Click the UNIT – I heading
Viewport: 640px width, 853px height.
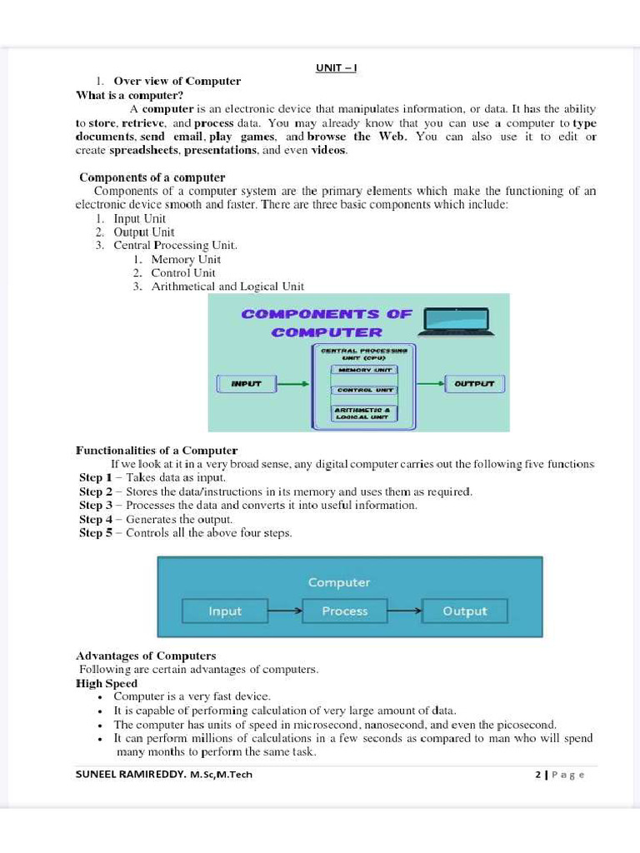click(336, 67)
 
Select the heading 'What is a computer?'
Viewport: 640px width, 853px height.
click(129, 95)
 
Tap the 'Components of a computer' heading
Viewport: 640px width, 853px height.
click(152, 177)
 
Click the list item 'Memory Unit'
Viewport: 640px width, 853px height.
click(186, 259)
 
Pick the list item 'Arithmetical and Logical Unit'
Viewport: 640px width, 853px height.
click(227, 286)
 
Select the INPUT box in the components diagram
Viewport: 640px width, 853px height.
click(246, 384)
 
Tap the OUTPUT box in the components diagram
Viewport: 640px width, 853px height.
click(474, 384)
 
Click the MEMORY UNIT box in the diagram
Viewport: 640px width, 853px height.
click(364, 369)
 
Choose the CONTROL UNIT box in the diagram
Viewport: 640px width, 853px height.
click(364, 389)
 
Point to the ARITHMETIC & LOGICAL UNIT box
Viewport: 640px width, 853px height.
click(364, 412)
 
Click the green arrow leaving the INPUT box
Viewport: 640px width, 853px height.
click(292, 384)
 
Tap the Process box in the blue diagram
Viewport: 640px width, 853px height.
click(345, 611)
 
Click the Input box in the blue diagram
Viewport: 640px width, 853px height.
click(225, 611)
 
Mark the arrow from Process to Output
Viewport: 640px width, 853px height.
click(405, 611)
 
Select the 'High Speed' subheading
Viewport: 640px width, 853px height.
click(107, 683)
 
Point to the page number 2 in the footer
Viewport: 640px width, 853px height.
click(538, 775)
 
